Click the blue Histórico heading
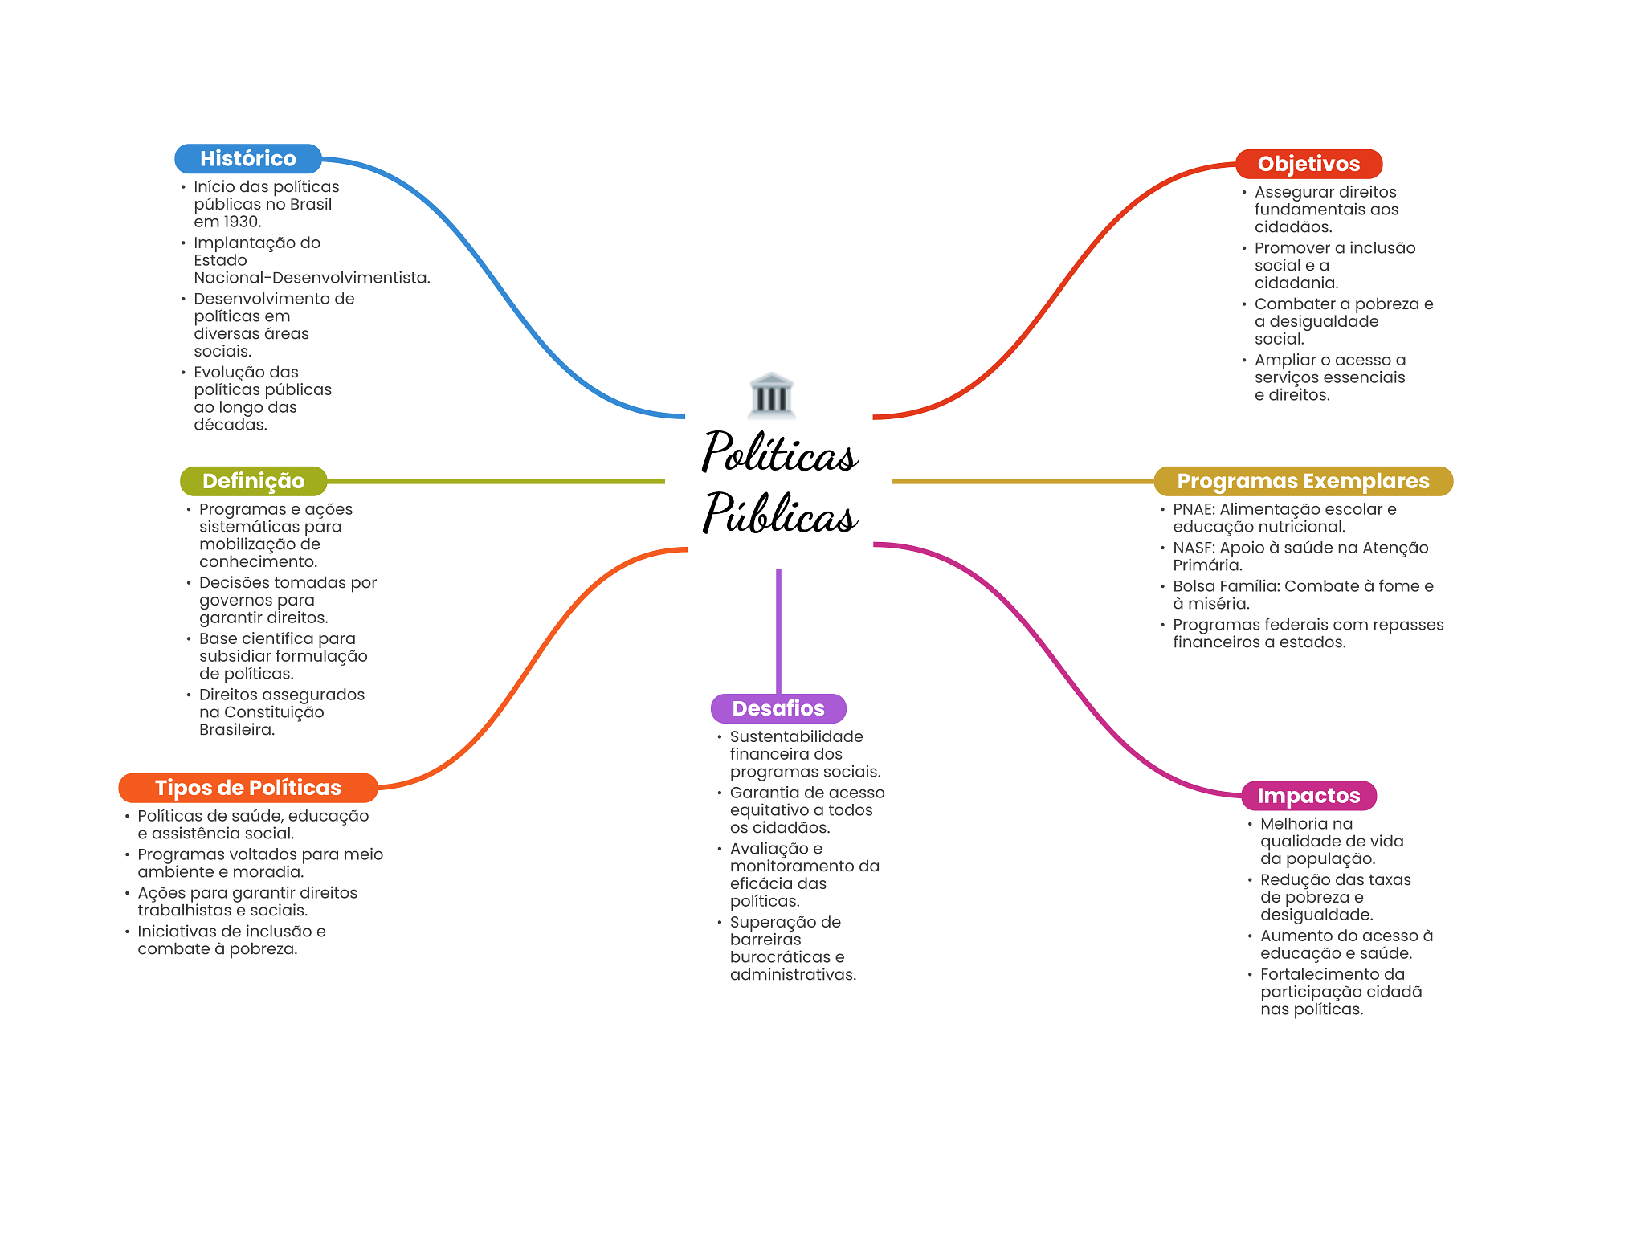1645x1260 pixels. click(x=247, y=159)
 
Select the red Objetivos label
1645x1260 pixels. click(x=1308, y=164)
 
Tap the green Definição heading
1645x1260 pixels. click(x=253, y=481)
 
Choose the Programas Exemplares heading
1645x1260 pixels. click(x=1303, y=481)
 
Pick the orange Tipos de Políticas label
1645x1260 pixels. click(x=247, y=788)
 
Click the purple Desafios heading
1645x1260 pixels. click(x=778, y=708)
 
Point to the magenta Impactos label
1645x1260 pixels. click(x=1308, y=796)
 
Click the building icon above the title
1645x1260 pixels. click(x=771, y=395)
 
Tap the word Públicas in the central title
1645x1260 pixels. click(x=780, y=514)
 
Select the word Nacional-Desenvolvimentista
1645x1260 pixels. click(x=311, y=278)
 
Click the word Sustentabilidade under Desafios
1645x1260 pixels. click(x=796, y=736)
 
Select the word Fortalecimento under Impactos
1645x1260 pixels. click(x=1320, y=974)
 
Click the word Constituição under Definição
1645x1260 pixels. click(x=274, y=712)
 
